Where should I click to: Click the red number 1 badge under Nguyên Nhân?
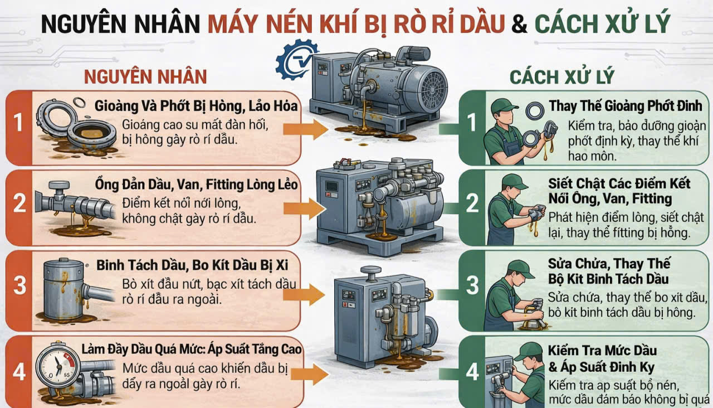tap(19, 123)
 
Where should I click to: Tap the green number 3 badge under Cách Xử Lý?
tap(472, 285)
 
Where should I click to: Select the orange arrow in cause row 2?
tap(304, 208)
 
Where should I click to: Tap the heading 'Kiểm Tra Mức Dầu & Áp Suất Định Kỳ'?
tap(602, 359)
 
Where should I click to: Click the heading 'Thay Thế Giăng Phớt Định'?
tap(627, 106)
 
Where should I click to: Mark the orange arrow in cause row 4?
tap(309, 375)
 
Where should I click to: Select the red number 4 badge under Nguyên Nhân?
tap(19, 371)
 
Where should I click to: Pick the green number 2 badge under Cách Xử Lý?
tap(472, 203)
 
